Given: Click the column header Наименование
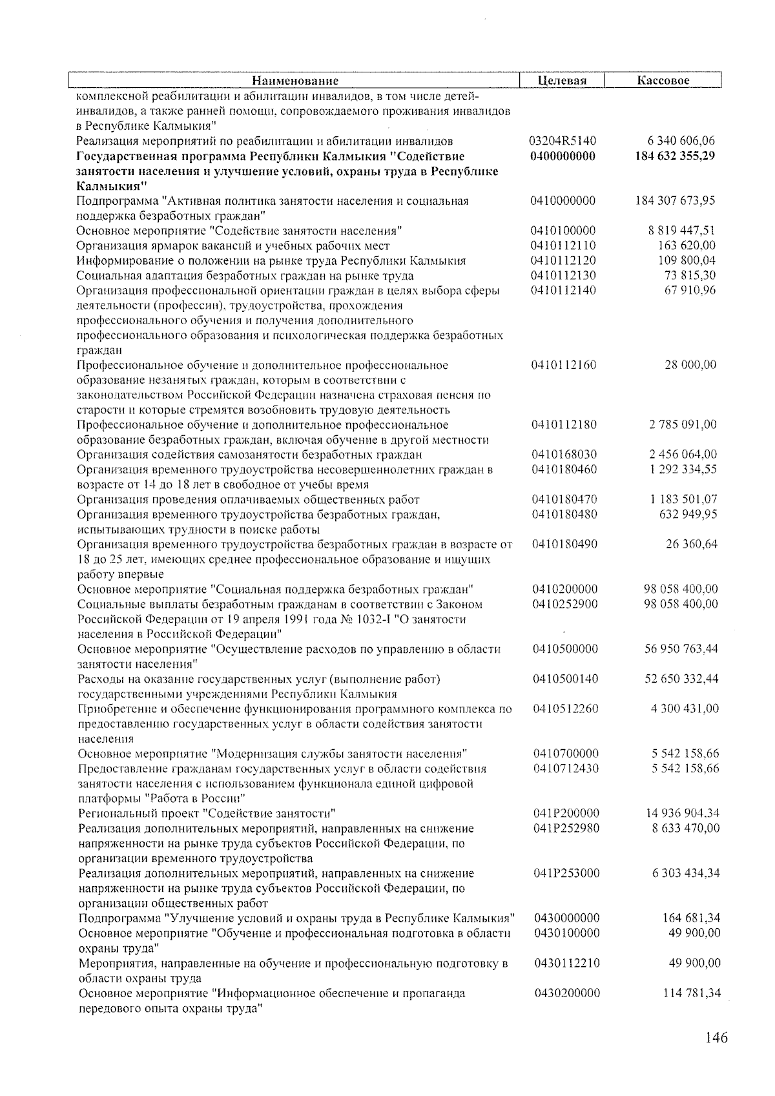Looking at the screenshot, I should [x=294, y=81].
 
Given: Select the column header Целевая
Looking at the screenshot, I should [x=562, y=81].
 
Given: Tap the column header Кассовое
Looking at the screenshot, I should [x=663, y=81].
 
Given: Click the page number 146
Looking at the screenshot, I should [x=716, y=1038].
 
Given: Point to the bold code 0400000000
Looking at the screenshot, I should [x=563, y=156].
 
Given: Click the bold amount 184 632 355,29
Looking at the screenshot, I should [x=675, y=156].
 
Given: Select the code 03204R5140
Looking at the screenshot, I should [x=563, y=141].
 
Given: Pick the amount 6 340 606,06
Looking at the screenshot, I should [x=681, y=141].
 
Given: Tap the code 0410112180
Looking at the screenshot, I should [x=564, y=425].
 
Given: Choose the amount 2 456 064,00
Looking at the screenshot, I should [x=683, y=455].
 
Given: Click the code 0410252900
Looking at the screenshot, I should [x=565, y=605].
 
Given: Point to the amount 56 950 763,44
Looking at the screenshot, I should [x=681, y=649].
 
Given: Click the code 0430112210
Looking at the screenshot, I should [x=567, y=964].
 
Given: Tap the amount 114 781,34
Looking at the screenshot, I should [x=692, y=993].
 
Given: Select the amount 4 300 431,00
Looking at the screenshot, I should [x=684, y=709].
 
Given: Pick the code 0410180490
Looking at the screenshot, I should [x=565, y=544].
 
